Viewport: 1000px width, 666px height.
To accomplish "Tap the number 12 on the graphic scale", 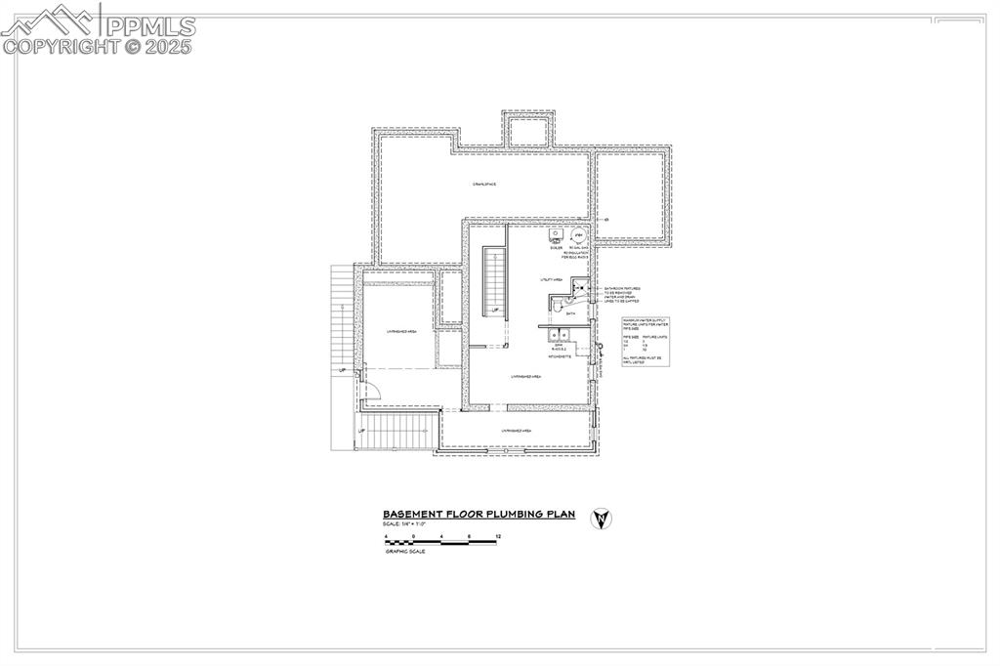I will pos(498,538).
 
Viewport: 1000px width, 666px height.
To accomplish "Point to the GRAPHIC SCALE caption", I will pos(401,552).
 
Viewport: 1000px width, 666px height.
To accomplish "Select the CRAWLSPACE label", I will pos(485,184).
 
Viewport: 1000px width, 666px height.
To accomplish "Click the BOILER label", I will pos(556,248).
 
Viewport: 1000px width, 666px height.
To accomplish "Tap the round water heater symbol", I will pos(577,236).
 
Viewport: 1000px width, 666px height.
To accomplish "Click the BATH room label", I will pos(570,313).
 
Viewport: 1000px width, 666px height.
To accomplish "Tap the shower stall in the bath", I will pos(580,286).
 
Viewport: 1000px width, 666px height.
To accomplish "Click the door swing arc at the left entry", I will pos(372,390).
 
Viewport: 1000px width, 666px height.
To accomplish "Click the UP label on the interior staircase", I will pos(496,311).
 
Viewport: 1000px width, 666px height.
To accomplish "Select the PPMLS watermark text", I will pos(151,26).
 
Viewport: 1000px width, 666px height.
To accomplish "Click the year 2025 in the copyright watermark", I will pos(171,45).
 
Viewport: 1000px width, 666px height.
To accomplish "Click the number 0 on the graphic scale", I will pos(414,538).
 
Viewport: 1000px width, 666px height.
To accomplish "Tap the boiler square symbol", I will pos(556,235).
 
